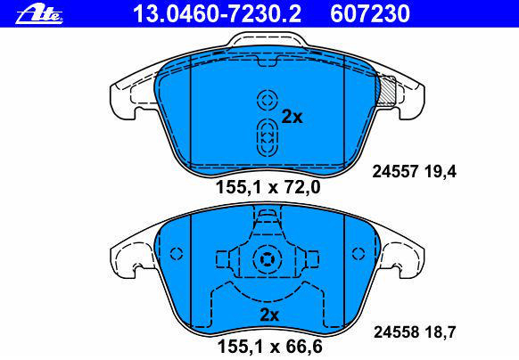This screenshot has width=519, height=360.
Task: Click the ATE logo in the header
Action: point(39,14)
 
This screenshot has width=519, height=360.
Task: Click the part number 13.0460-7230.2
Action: point(217,14)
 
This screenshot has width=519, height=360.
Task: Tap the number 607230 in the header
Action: point(370,14)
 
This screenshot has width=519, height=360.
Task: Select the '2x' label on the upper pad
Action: point(292,117)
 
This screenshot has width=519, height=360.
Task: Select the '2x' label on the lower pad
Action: point(269,315)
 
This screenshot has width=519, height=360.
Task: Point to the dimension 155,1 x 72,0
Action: point(268,188)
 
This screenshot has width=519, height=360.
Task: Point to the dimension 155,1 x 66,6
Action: point(269,347)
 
